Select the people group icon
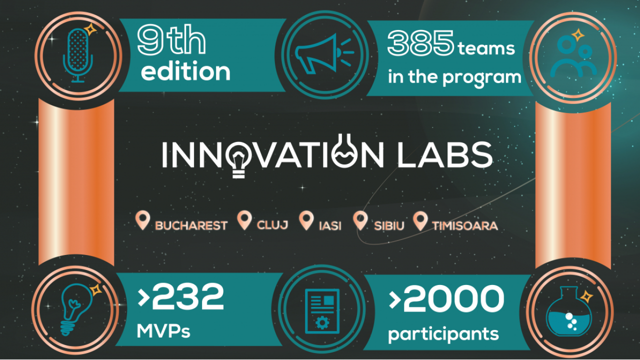click(x=575, y=57)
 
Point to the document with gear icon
click(x=321, y=310)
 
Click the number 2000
click(x=452, y=299)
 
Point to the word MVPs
click(x=163, y=331)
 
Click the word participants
click(x=443, y=333)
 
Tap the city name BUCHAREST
click(x=191, y=225)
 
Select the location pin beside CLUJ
click(x=244, y=220)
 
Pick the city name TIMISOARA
click(x=464, y=225)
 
